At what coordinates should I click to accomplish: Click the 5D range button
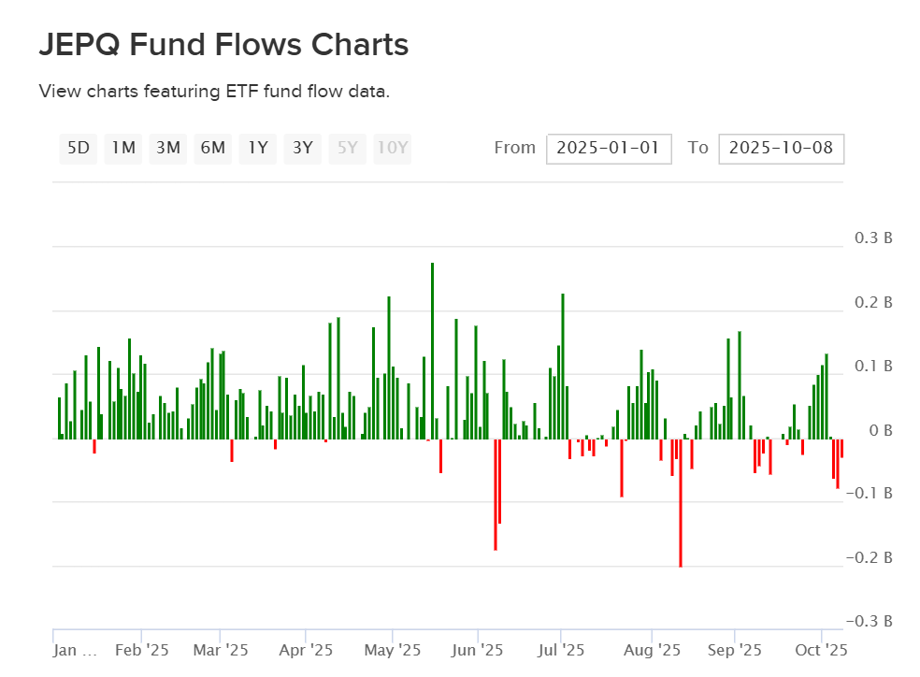(79, 148)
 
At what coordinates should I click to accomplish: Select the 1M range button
(123, 148)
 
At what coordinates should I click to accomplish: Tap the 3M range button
(168, 148)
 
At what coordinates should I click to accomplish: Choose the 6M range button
(213, 148)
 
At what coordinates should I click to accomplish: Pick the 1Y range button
(258, 148)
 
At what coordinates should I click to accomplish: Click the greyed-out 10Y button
(393, 148)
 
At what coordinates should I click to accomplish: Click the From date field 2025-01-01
(609, 148)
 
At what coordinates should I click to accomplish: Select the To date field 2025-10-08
(781, 148)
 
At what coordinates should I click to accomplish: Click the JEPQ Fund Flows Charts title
(223, 45)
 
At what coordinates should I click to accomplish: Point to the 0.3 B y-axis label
(874, 238)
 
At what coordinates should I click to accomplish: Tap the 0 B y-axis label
(881, 431)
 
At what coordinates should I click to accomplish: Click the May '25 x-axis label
(393, 649)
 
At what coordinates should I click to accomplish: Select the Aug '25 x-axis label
(652, 649)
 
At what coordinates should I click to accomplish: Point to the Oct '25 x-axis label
(822, 649)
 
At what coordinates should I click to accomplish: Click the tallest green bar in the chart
(432, 351)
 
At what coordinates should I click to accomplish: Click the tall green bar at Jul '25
(563, 366)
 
